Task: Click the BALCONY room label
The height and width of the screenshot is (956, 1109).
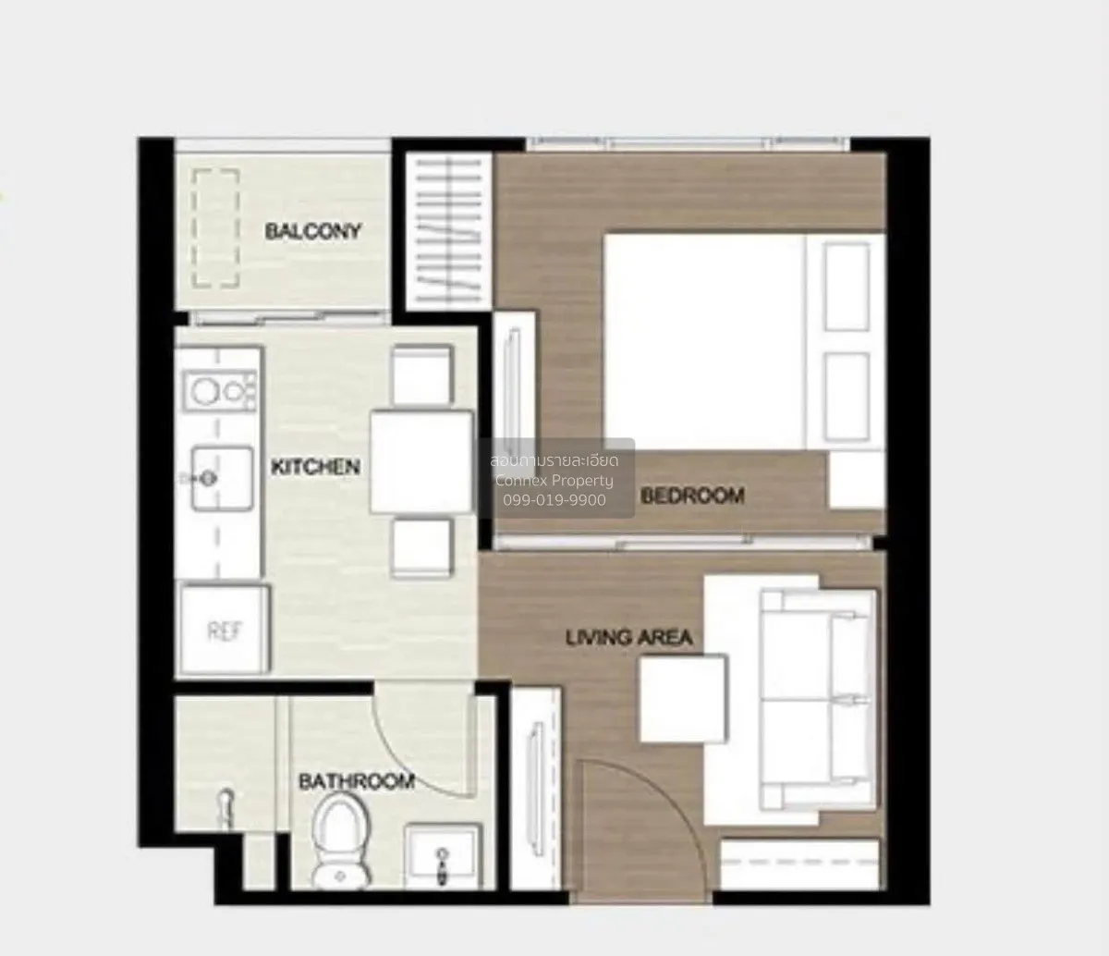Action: [x=312, y=231]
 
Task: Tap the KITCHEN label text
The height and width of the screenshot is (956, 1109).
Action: [x=315, y=467]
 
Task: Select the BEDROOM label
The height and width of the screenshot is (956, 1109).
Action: [x=692, y=496]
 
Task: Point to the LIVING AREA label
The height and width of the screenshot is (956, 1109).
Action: [x=628, y=638]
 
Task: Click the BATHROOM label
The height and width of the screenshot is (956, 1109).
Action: [x=357, y=781]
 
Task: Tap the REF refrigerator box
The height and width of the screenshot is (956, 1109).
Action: [x=225, y=630]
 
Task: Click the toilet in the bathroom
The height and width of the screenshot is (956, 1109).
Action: [x=339, y=841]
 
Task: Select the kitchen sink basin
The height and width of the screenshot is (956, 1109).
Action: [x=222, y=478]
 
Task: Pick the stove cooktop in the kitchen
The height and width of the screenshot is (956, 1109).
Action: [x=219, y=390]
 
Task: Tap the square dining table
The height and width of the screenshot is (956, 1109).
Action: [x=421, y=461]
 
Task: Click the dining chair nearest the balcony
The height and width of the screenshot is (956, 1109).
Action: [x=421, y=374]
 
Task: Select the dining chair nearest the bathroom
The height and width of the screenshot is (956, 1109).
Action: [x=421, y=548]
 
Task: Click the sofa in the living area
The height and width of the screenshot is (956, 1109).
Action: [x=818, y=699]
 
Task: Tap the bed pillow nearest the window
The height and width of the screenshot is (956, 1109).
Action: [x=847, y=287]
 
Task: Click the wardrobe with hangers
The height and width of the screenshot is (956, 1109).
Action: [x=448, y=231]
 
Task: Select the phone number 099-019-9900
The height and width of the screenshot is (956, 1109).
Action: [x=554, y=500]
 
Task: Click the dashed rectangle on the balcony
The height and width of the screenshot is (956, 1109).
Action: [x=215, y=228]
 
